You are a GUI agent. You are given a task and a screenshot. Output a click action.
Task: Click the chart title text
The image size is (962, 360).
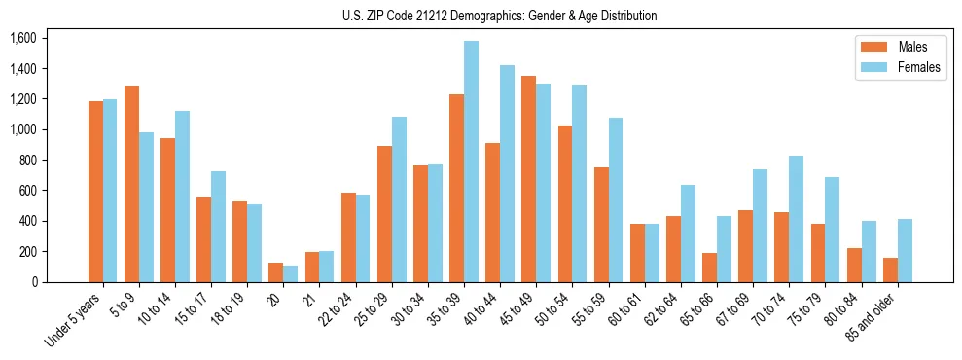point(499,16)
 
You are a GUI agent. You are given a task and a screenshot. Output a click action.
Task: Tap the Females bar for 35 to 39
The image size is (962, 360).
point(471,162)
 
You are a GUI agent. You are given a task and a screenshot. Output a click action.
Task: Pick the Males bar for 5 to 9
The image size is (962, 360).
point(131,184)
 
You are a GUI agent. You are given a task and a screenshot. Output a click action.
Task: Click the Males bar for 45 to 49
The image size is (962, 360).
point(529,179)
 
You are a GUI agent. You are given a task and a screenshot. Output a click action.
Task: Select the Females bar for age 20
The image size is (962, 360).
point(290,273)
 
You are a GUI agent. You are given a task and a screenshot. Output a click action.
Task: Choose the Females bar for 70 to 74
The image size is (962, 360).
point(797,219)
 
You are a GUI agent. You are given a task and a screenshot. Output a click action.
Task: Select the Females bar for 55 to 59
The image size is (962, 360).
point(616,199)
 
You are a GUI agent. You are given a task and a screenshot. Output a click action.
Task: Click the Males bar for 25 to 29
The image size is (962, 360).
point(384,214)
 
